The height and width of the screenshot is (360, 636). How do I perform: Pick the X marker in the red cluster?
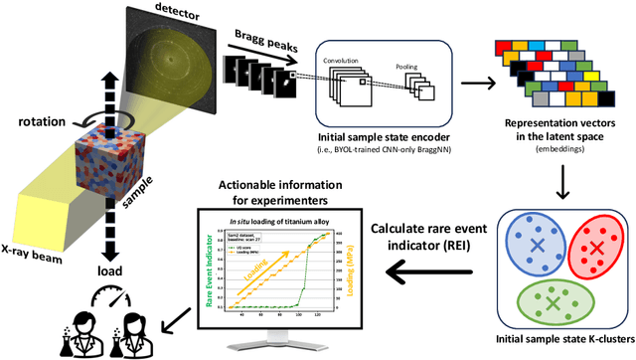[597, 247]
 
